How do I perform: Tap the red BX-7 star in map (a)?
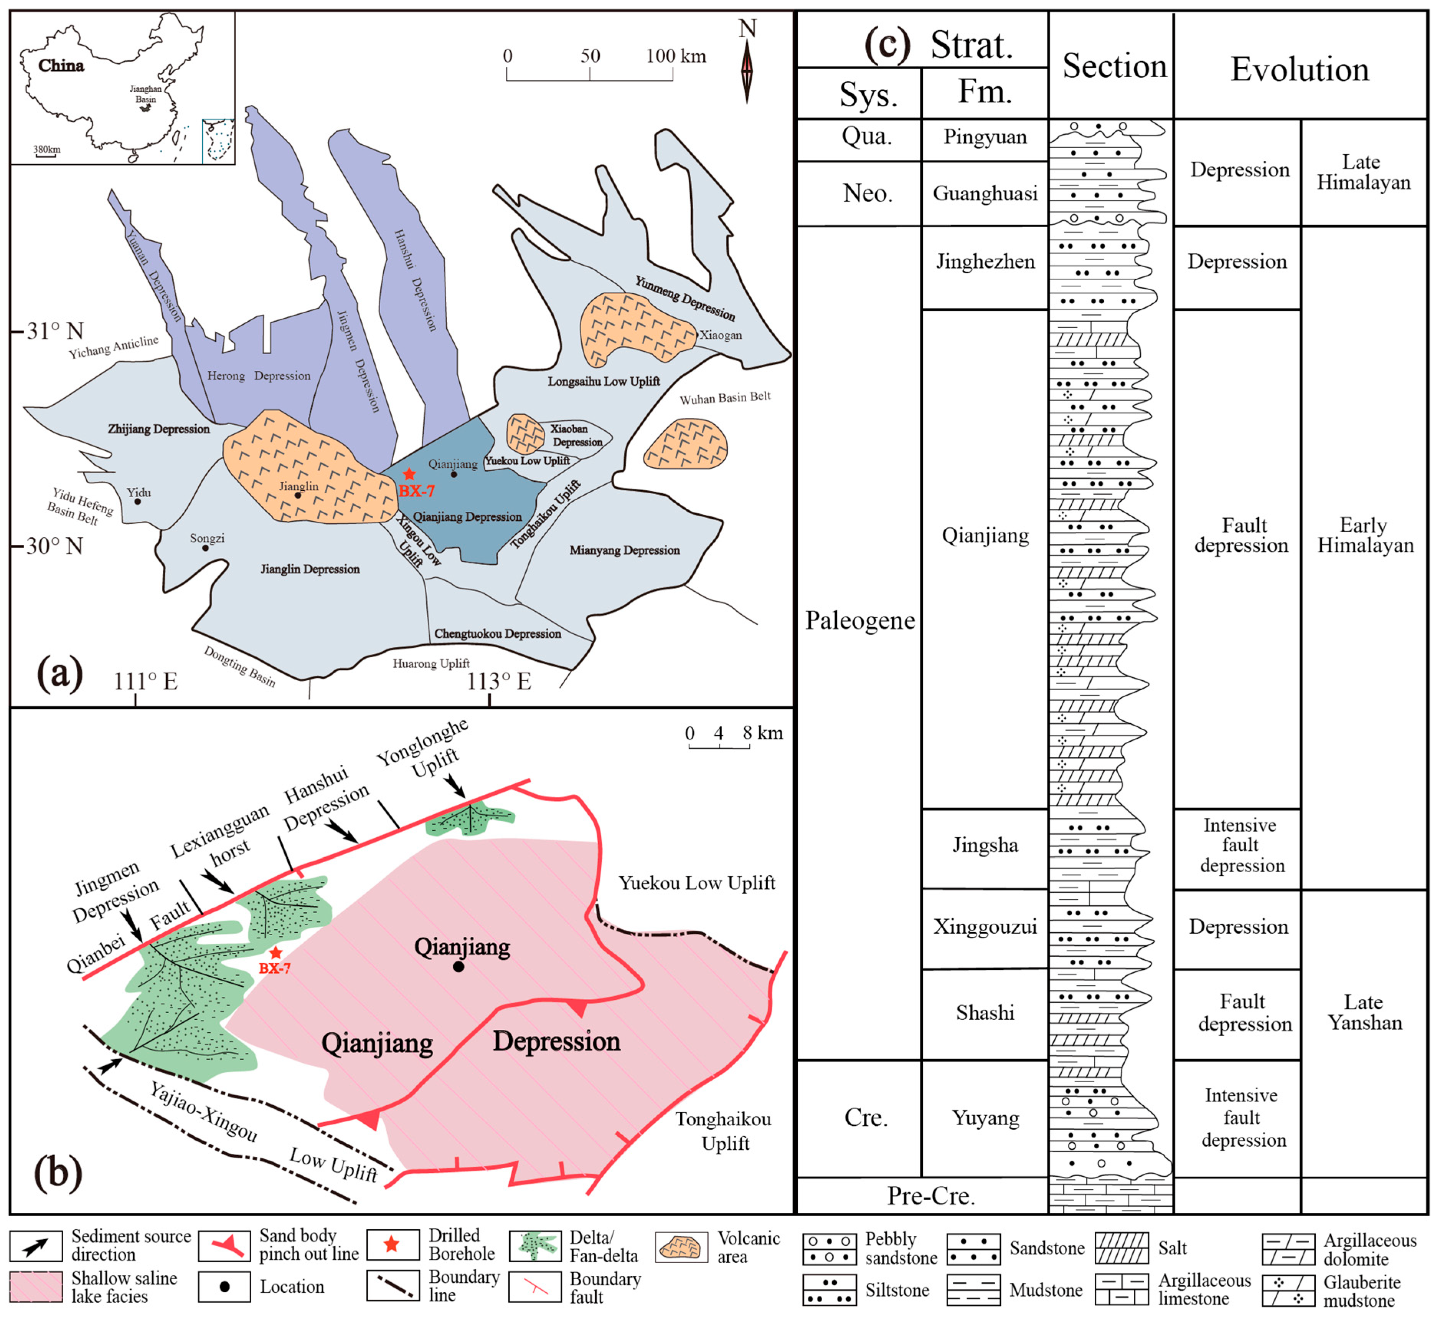[409, 474]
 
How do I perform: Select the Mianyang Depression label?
[624, 551]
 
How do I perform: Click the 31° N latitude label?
[55, 331]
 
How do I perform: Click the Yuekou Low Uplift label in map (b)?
[696, 883]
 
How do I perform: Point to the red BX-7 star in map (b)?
[276, 953]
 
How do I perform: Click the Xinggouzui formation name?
[985, 927]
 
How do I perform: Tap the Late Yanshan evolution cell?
[1364, 1013]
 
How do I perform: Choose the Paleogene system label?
[860, 620]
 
